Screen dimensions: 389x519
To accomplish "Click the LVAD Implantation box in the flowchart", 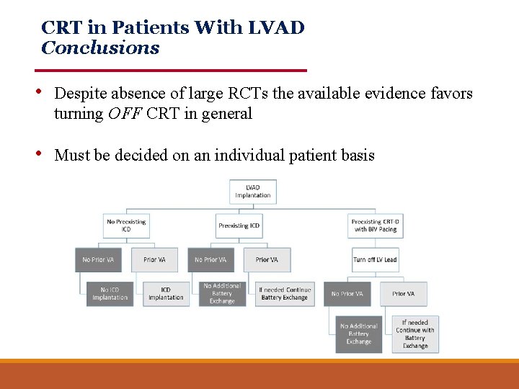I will (253, 192).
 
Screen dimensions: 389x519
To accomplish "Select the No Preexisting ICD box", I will (125, 225).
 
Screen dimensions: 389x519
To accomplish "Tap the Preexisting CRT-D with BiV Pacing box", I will (375, 225).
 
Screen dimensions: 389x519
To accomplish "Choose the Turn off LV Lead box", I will (375, 259).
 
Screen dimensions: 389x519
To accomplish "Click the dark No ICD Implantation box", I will (110, 293).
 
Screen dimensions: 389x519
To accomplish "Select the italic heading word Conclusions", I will (100, 48).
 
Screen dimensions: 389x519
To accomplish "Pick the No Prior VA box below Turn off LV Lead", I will (347, 294).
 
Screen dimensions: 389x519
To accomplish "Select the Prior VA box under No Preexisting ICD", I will (154, 259).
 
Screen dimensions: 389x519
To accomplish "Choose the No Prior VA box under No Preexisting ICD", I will (98, 259).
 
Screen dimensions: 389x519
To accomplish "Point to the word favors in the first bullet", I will (453, 94).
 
